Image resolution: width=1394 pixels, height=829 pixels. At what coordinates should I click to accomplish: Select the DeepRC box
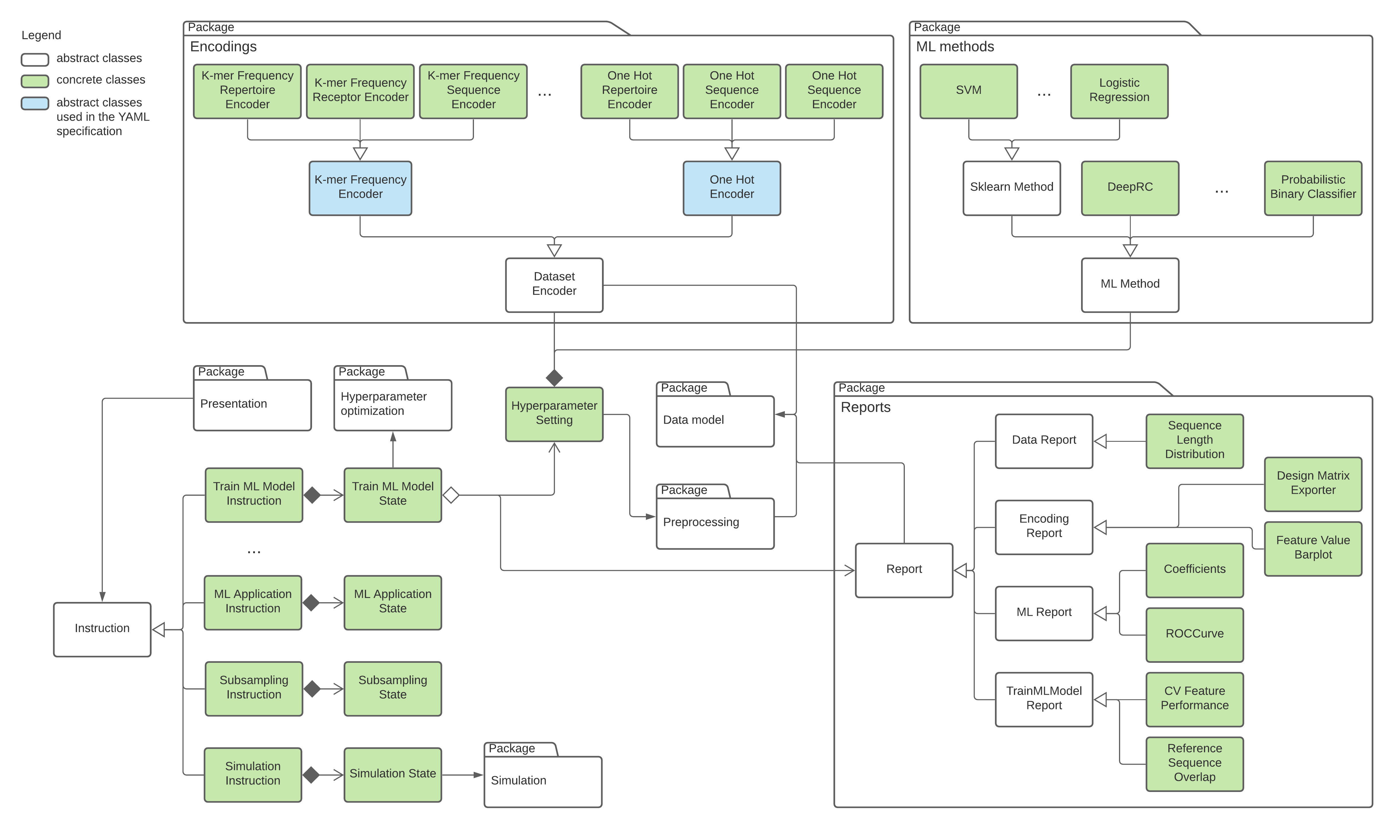[1130, 188]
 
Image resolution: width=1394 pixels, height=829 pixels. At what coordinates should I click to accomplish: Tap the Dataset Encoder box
[554, 284]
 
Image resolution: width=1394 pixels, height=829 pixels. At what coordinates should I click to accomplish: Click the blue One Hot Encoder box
[732, 188]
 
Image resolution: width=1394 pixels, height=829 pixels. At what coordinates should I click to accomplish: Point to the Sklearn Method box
[1011, 188]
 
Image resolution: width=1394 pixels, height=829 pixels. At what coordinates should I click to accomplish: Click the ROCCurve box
[1194, 634]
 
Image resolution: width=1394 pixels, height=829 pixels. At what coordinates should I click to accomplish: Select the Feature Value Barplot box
[1313, 548]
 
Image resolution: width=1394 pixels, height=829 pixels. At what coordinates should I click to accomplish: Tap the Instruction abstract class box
[102, 629]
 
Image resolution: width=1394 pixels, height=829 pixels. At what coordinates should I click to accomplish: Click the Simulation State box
[393, 774]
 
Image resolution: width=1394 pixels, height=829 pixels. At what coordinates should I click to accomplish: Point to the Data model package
[715, 421]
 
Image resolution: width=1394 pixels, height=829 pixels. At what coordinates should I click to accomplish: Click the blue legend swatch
[35, 103]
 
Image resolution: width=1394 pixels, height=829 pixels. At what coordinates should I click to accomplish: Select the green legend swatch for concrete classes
[35, 81]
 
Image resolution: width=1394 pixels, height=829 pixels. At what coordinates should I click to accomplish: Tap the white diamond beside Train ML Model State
[451, 495]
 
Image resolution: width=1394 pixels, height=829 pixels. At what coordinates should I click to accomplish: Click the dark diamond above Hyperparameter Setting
[554, 378]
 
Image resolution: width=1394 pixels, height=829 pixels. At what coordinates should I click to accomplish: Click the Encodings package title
[223, 47]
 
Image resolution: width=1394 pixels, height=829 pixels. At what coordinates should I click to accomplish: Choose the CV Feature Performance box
[1194, 699]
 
